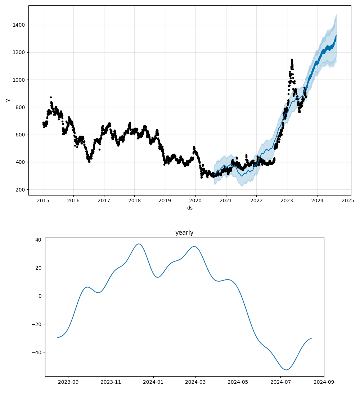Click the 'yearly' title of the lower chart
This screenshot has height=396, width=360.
[x=184, y=233]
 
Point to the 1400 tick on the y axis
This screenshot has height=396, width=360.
[x=20, y=25]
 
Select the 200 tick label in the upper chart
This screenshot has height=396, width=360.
[x=21, y=190]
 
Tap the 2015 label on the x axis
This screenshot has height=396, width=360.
[x=43, y=200]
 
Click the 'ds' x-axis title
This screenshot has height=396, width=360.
[x=190, y=208]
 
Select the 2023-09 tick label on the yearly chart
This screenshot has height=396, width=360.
[x=68, y=382]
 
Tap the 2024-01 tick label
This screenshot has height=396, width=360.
[x=153, y=382]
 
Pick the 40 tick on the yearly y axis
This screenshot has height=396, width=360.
[x=38, y=240]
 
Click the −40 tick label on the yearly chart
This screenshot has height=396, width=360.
[x=36, y=352]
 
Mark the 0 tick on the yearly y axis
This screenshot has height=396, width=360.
[x=40, y=296]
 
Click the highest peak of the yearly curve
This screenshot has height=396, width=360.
[x=139, y=244]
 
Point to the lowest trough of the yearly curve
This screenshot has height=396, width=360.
[x=286, y=370]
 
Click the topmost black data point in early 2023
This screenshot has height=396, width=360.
[x=292, y=59]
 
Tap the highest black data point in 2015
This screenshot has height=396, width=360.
[x=51, y=97]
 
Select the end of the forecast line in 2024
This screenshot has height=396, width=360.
[x=336, y=36]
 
